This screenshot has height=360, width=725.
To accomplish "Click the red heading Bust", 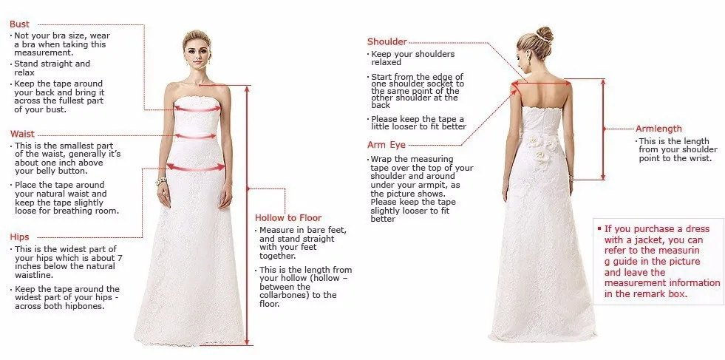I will pyautogui.click(x=20, y=24).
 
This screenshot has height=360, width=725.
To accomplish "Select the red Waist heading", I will pyautogui.click(x=22, y=134).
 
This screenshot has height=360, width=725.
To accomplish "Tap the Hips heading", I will pyautogui.click(x=20, y=237).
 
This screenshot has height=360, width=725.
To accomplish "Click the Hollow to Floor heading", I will pyautogui.click(x=288, y=217).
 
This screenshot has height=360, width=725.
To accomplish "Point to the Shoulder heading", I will pyautogui.click(x=387, y=41).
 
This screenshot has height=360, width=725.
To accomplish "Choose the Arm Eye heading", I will pyautogui.click(x=387, y=145).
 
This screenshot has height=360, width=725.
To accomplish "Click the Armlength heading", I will pyautogui.click(x=658, y=129).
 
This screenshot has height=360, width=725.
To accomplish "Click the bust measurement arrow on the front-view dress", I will pyautogui.click(x=197, y=109).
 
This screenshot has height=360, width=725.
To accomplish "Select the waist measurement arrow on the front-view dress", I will pyautogui.click(x=196, y=136).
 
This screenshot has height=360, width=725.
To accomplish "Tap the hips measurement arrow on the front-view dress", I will pyautogui.click(x=196, y=168).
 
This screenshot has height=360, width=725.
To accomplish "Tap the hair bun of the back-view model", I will pyautogui.click(x=544, y=34).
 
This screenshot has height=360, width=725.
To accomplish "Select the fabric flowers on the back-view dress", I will pyautogui.click(x=542, y=149).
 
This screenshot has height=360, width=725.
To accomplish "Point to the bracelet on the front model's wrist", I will pyautogui.click(x=161, y=179).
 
